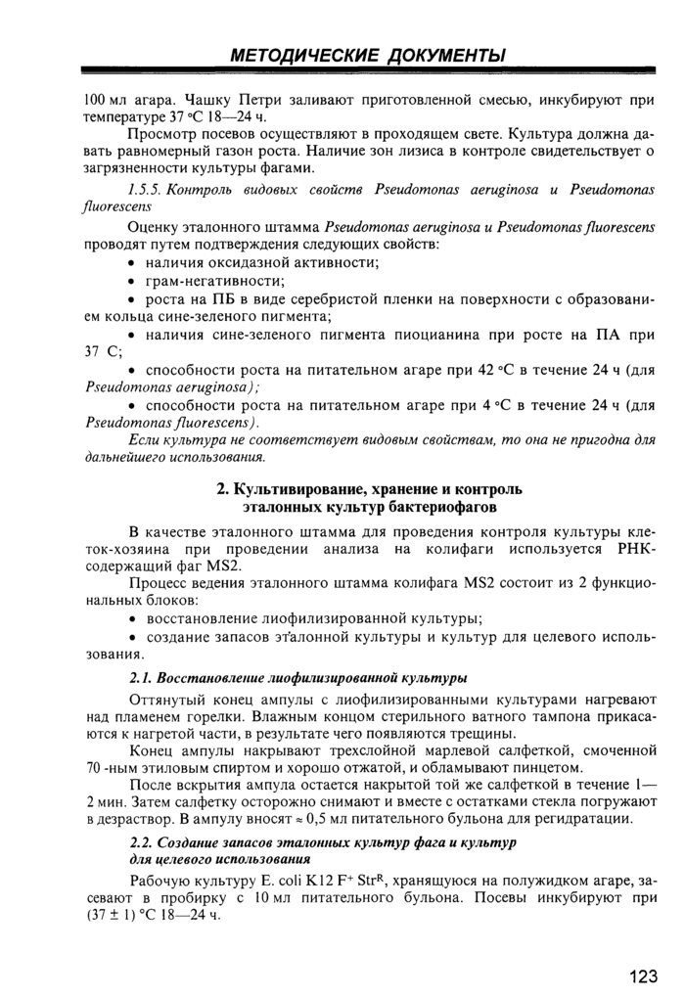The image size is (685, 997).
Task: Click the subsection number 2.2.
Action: click(141, 841)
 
